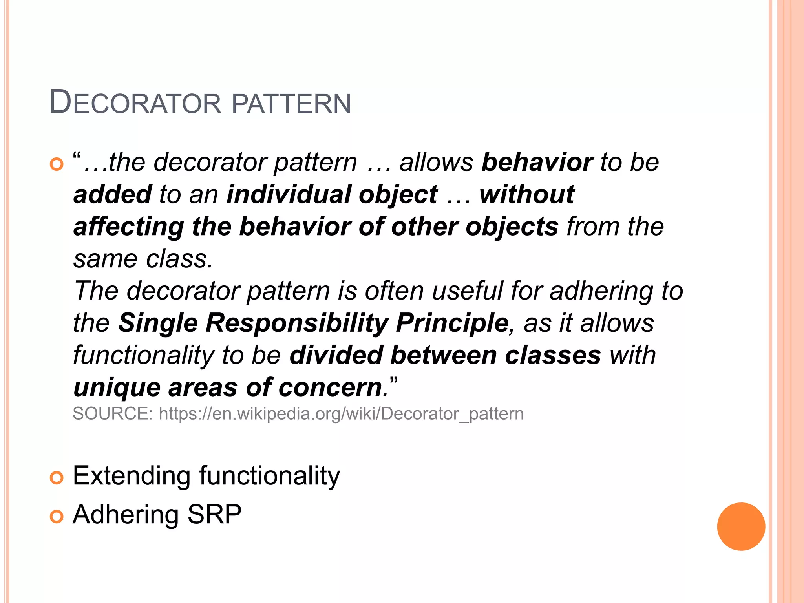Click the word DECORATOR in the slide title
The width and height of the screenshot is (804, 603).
[x=135, y=103]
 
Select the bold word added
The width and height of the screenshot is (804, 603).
[x=113, y=194]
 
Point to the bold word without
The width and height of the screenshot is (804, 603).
[x=527, y=194]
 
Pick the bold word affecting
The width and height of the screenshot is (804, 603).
[x=129, y=227]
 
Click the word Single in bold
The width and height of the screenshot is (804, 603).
[x=158, y=323]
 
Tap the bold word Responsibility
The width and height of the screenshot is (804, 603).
[x=297, y=323]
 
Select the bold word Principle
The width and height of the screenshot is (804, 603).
[x=452, y=323]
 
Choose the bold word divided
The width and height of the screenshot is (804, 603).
[x=336, y=355]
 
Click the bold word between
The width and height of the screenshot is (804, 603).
[x=444, y=355]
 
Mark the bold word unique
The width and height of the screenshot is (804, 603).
[x=117, y=388]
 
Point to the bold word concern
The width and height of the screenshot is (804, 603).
[x=331, y=388]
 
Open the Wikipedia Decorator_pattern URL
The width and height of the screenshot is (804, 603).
[x=341, y=414]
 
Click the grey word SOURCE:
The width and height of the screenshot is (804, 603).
[x=113, y=414]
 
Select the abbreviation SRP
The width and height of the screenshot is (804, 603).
[x=214, y=514]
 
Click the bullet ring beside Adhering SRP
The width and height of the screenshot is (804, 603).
[x=57, y=517]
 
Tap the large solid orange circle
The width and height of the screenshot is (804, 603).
[x=741, y=526]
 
